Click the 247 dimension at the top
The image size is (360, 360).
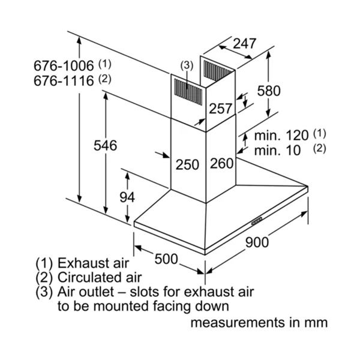[244, 43]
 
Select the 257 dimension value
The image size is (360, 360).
[220, 109]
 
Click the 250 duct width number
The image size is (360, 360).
[187, 164]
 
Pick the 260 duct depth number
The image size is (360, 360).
[221, 164]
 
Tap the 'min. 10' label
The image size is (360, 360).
[277, 150]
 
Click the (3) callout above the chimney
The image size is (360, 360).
[187, 65]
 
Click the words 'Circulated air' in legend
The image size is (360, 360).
[100, 278]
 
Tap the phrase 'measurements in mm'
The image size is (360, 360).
[259, 322]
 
